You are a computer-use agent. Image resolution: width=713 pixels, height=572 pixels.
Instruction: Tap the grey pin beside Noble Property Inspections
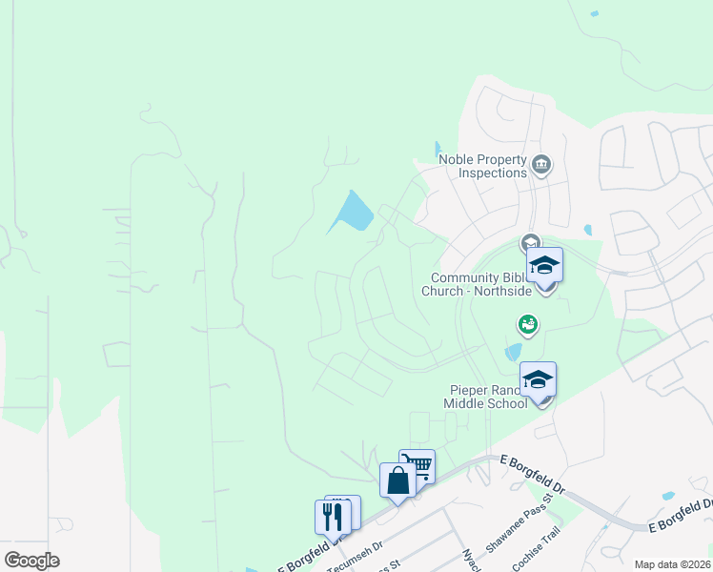540,164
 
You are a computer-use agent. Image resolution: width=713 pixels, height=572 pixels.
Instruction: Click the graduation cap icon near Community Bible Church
544,264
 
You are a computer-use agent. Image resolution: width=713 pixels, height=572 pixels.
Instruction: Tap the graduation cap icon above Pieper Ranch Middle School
538,379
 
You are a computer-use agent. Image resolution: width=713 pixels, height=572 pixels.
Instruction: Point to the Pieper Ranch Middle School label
488,397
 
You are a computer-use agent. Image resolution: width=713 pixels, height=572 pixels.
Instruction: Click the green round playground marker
527,325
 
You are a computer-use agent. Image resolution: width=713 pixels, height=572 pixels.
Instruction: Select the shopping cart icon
418,466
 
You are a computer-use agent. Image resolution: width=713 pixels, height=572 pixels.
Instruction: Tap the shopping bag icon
397,480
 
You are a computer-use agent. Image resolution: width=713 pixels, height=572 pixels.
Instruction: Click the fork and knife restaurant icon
332,517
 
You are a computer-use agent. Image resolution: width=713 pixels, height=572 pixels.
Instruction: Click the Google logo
31,561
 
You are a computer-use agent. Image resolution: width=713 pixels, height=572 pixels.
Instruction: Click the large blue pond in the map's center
353,212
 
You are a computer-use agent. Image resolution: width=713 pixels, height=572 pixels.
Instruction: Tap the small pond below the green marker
514,352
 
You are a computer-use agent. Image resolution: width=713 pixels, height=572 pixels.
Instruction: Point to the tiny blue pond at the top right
595,13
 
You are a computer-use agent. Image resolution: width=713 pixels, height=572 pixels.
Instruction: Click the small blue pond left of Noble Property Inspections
438,150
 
